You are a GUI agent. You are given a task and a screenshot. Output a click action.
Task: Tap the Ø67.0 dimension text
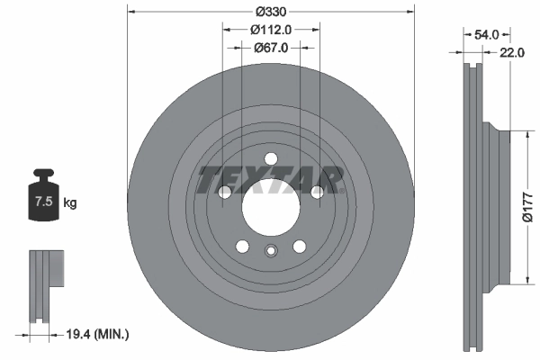270,48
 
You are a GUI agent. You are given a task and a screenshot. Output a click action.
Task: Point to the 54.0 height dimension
487,33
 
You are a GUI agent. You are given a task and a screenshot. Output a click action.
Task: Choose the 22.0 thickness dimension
511,53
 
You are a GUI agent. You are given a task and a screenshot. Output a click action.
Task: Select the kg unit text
70,202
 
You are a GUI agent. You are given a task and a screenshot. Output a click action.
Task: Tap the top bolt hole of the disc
270,159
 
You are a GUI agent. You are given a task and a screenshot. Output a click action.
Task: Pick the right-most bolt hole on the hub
316,192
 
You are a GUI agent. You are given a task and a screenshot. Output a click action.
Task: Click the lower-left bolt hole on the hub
242,245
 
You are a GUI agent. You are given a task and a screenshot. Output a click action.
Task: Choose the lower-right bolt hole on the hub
299,245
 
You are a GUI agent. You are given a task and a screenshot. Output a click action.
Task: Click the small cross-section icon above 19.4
45,285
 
